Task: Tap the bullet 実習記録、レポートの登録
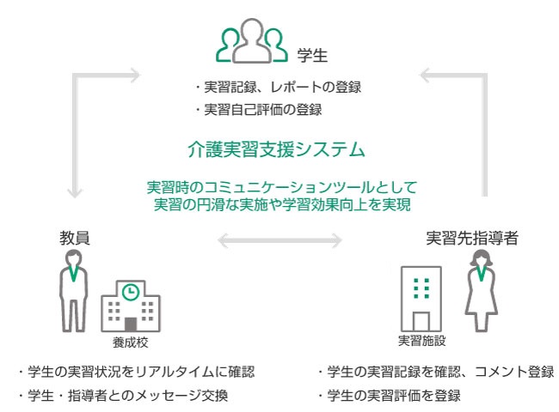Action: tap(277, 87)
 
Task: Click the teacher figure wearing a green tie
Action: tap(72, 296)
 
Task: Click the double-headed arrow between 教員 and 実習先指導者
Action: tap(279, 241)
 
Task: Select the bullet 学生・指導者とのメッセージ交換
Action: tap(124, 396)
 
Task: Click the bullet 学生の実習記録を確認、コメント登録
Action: tap(435, 373)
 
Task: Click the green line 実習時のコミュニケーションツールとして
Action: tap(280, 186)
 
